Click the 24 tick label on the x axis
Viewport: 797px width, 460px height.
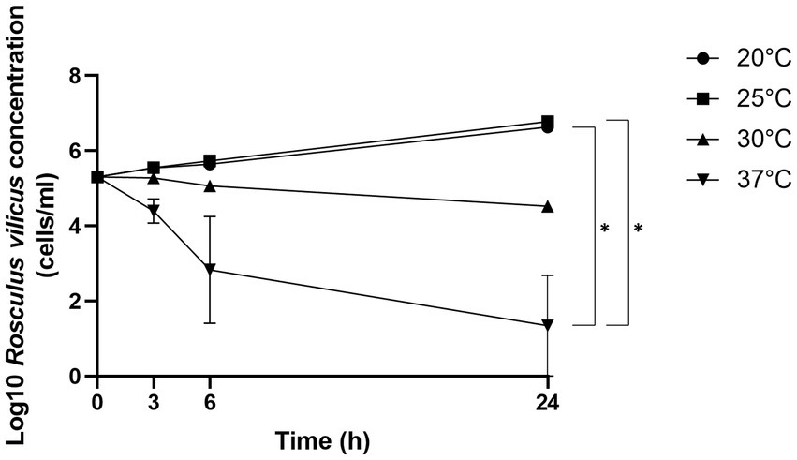pyautogui.click(x=547, y=400)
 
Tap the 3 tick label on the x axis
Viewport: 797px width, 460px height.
pyautogui.click(x=154, y=400)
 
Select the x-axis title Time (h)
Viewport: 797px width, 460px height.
pyautogui.click(x=322, y=438)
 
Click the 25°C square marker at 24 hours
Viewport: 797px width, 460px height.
pyautogui.click(x=548, y=122)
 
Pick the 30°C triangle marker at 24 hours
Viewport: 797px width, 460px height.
pyautogui.click(x=548, y=205)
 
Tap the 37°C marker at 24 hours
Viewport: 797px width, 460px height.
pyautogui.click(x=548, y=325)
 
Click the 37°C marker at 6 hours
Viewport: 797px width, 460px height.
pyautogui.click(x=210, y=270)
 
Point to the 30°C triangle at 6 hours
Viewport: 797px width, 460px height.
pyautogui.click(x=210, y=185)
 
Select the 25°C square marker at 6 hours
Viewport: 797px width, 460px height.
pyautogui.click(x=210, y=161)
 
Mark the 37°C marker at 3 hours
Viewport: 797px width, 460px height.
pyautogui.click(x=154, y=211)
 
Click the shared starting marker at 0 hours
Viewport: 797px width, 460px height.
pyautogui.click(x=97, y=176)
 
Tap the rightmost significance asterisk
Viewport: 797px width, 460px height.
pyautogui.click(x=639, y=228)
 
